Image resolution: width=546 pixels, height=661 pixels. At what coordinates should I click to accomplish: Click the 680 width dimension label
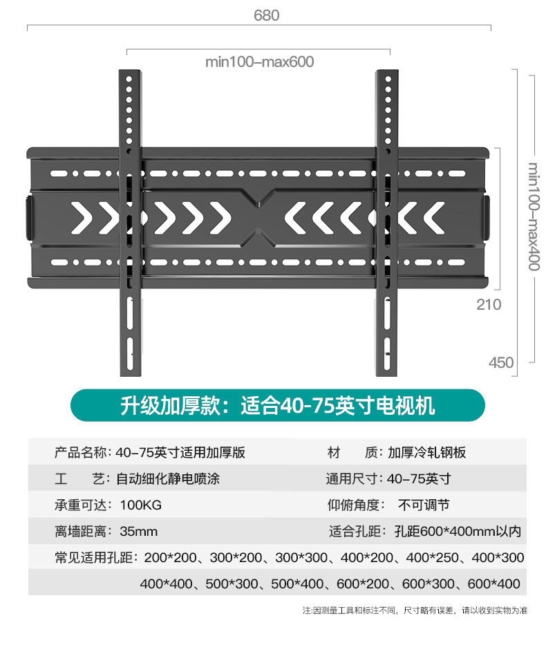point(266,15)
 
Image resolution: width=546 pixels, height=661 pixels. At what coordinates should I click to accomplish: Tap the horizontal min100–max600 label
point(259,62)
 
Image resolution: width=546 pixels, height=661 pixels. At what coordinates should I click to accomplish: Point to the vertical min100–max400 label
point(534,217)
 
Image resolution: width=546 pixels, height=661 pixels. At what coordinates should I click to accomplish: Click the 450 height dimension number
point(501,362)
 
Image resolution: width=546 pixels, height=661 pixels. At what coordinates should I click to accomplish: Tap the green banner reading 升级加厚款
point(278,405)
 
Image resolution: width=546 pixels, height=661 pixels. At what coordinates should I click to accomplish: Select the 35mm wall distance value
point(138,532)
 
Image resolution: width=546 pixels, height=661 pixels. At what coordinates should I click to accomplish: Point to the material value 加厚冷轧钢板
point(426,453)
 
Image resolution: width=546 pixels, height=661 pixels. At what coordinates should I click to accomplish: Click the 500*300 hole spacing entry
point(232,584)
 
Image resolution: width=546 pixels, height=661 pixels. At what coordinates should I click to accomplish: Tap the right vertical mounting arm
point(386,221)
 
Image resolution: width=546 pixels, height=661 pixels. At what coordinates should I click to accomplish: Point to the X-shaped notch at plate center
point(258,218)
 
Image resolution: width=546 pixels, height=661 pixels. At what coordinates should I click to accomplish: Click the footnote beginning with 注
point(414,611)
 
